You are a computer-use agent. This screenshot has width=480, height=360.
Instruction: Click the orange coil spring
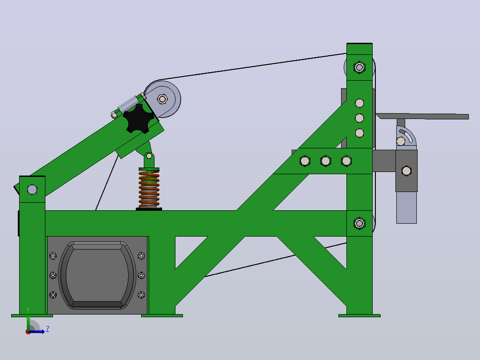(x=149, y=189)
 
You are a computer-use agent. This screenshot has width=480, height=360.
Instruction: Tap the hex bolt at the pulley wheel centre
(x=162, y=99)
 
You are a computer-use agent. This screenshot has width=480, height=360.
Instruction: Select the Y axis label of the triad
(x=28, y=310)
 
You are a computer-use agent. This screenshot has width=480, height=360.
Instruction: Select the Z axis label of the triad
(x=48, y=329)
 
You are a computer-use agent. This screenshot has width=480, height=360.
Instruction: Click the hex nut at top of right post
(x=359, y=67)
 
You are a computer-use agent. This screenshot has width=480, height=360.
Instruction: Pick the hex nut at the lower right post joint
(x=359, y=223)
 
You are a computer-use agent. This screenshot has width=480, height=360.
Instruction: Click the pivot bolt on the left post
(x=32, y=190)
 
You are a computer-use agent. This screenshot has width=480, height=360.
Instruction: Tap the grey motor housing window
(x=97, y=275)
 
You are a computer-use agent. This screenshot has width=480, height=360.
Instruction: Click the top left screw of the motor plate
(x=53, y=256)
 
